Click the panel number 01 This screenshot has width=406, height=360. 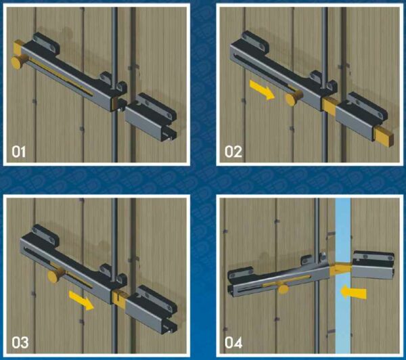[x=19, y=152]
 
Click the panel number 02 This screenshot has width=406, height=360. [x=233, y=152]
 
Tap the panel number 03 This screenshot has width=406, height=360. [x=20, y=342]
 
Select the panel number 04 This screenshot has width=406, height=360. [x=233, y=342]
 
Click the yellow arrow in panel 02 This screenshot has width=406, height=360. [x=262, y=89]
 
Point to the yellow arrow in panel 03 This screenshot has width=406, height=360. [x=81, y=300]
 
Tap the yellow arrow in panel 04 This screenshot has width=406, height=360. [x=353, y=292]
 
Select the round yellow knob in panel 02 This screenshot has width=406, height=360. [x=293, y=98]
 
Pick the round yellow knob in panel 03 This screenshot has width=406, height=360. [x=56, y=275]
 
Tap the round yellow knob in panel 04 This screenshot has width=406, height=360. [x=284, y=289]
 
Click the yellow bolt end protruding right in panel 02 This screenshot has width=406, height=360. [x=384, y=137]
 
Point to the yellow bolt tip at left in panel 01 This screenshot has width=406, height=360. [x=18, y=47]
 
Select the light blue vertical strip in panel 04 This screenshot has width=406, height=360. [x=343, y=276]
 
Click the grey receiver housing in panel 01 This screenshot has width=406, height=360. [x=151, y=117]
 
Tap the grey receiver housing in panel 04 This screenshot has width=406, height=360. [x=373, y=265]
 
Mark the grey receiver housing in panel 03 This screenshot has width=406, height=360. [x=151, y=309]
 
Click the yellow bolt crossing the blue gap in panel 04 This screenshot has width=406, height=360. [x=340, y=269]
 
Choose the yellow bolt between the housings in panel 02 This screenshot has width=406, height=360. [x=330, y=107]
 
